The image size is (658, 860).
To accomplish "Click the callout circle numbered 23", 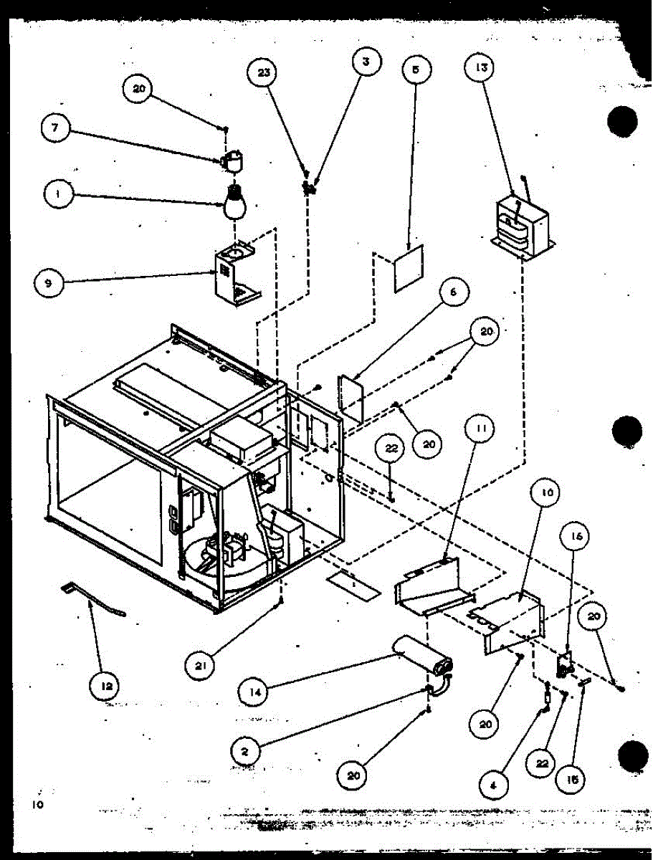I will point(264,73).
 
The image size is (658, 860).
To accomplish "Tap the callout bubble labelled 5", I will point(416,70).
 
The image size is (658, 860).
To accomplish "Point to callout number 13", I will point(480,69).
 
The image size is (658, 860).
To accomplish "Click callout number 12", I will point(105,686).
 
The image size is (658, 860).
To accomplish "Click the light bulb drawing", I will point(234,203).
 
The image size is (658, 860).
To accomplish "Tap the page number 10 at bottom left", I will point(37,805).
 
